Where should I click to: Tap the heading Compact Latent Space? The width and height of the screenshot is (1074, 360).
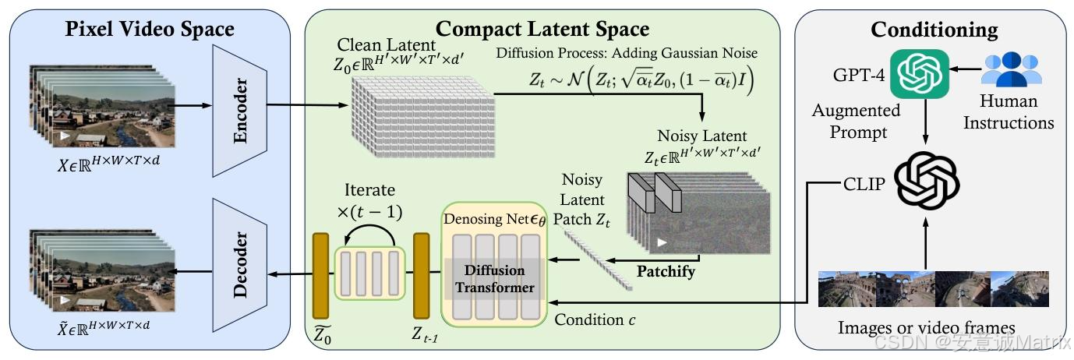tap(542, 30)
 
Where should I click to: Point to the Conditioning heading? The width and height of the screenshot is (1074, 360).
tap(934, 30)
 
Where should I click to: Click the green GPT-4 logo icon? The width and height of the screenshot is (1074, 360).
tap(920, 75)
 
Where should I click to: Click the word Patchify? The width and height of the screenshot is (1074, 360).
tap(666, 272)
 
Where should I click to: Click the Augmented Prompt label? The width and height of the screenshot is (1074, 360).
tap(856, 121)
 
